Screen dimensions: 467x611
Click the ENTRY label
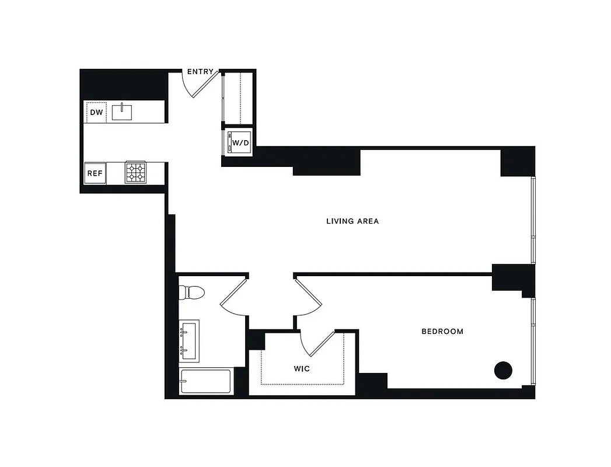(200, 72)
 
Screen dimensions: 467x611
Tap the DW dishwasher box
(96, 111)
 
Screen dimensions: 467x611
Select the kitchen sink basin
(122, 111)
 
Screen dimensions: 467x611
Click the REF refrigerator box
(95, 173)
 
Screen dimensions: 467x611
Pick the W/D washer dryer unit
(240, 142)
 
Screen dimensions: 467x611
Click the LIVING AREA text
(352, 221)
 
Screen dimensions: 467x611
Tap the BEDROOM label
(442, 332)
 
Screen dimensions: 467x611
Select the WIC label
(301, 369)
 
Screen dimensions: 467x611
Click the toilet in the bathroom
(191, 291)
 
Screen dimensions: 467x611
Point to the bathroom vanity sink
(190, 340)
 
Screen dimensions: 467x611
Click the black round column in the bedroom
(503, 370)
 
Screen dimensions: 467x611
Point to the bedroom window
(533, 341)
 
